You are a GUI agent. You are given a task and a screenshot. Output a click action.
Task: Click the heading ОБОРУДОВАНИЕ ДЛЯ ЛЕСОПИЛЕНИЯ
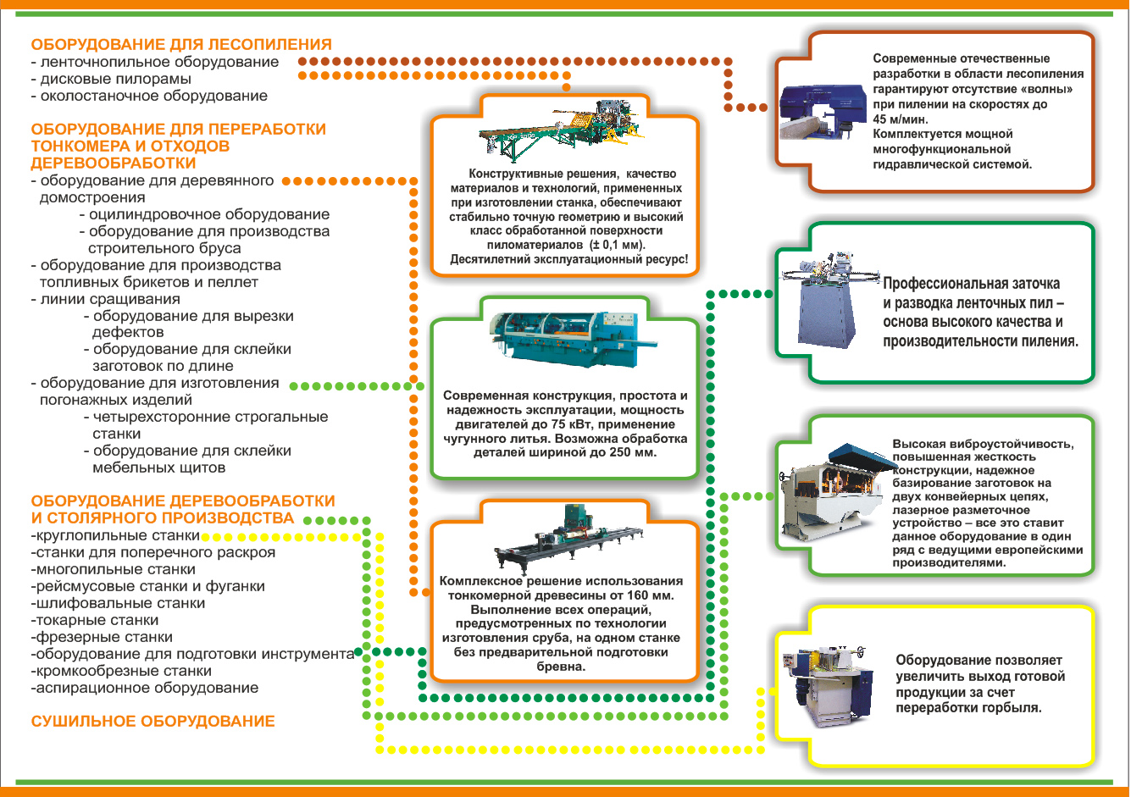point(181,44)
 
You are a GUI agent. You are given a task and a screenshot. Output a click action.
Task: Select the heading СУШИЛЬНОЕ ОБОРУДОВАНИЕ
point(153,722)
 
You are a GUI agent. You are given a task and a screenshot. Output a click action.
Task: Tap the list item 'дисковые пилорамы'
point(111,79)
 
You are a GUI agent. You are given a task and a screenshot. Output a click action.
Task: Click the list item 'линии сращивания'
point(106,299)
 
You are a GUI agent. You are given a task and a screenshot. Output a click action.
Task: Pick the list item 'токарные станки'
point(95,620)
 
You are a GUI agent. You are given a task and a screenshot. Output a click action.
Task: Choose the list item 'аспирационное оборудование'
point(145,688)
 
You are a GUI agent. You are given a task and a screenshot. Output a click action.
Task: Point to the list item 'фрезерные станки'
point(102,637)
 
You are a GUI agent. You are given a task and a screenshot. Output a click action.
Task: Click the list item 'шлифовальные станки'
point(118,603)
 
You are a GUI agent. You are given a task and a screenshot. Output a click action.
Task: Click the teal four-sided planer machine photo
point(572,339)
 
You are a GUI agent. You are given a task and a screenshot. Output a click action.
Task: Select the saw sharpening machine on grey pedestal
point(828,301)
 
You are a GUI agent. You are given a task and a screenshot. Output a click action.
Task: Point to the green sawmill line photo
point(561,130)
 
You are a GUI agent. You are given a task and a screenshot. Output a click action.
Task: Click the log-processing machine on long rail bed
point(568,537)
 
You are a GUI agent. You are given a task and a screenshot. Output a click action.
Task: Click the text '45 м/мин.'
point(901,119)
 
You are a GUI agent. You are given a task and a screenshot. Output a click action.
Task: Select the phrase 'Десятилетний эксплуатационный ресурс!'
point(569,259)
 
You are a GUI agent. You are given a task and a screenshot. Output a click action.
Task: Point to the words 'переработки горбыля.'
point(968,708)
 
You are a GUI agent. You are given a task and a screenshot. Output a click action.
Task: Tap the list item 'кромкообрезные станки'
point(121,671)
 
